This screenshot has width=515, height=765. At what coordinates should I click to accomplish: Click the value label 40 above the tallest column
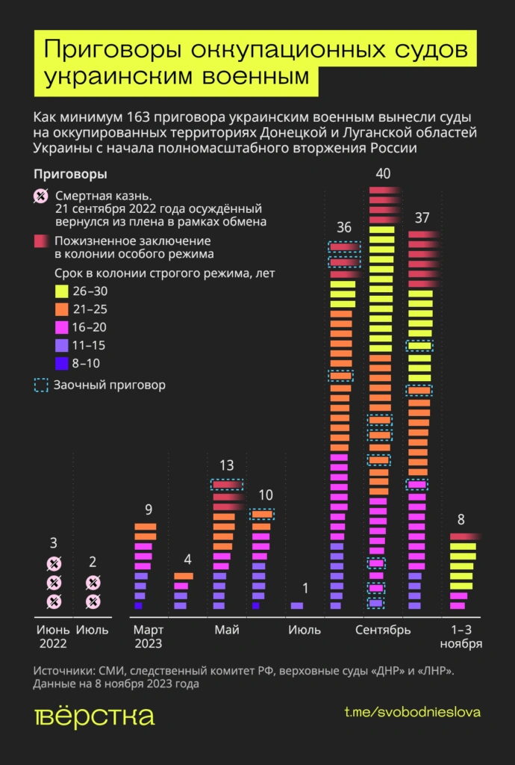coord(383,174)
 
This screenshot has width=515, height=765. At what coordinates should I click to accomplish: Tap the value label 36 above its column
coord(343,227)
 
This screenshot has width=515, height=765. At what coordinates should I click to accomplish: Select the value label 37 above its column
coord(422,217)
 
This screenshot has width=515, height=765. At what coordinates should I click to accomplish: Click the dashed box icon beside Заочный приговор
coord(42,385)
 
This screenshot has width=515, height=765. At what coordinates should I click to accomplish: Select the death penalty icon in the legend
coord(42,196)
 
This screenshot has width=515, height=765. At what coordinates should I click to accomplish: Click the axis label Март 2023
coord(148,637)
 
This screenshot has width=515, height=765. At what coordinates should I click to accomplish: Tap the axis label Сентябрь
coord(383,631)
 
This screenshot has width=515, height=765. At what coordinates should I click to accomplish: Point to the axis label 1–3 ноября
coord(461,637)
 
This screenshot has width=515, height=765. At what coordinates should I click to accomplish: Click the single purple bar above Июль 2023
coord(297,606)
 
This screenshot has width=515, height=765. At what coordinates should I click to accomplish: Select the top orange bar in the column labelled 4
coord(184,576)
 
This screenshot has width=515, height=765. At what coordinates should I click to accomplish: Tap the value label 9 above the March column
coord(149,510)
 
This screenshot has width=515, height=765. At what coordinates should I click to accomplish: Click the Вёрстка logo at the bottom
coord(94,717)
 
